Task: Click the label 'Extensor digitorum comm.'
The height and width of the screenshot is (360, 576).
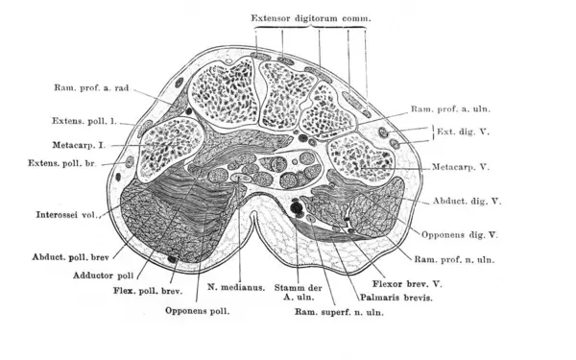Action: tap(310, 18)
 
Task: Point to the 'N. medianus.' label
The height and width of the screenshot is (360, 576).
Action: tap(234, 285)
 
